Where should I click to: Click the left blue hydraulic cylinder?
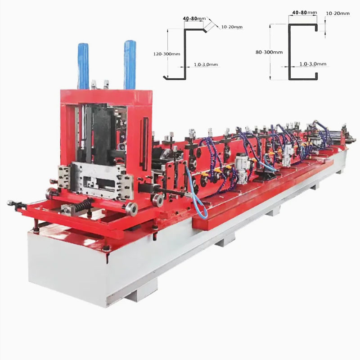point(83,65)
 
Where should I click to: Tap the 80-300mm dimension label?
point(269,52)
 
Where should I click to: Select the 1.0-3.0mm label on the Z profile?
point(206,65)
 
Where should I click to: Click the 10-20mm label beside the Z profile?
point(232,27)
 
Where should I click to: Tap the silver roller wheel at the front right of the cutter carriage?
point(131,208)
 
